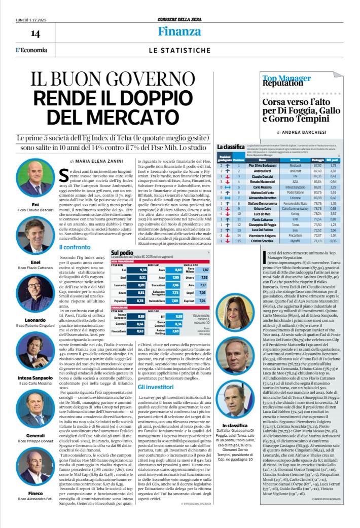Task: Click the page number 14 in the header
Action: [x=35, y=33]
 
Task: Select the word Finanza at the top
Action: [x=179, y=31]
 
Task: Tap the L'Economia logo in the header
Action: [x=31, y=50]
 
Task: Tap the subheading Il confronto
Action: [x=75, y=247]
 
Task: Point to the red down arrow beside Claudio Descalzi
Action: [x=223, y=179]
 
